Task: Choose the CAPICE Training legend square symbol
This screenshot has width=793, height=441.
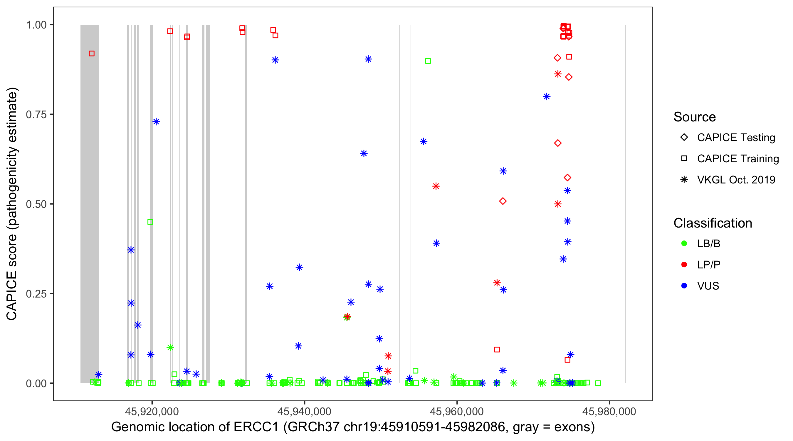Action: (684, 159)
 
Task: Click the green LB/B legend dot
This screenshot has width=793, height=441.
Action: (684, 243)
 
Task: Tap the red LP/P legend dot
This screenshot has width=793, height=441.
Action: (684, 265)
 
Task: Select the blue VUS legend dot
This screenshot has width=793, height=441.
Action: (684, 286)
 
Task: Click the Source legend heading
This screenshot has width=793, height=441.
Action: (694, 117)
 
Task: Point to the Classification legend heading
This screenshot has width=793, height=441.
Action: (712, 223)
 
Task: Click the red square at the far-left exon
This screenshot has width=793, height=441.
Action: (91, 54)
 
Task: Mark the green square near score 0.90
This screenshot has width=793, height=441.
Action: (428, 61)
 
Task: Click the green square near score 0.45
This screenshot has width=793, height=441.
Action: (150, 222)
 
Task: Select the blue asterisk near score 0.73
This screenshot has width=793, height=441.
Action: (156, 122)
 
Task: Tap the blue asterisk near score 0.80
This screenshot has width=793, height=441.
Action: (546, 97)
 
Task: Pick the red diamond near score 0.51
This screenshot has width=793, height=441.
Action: (503, 201)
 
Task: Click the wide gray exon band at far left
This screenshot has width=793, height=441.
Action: (89, 203)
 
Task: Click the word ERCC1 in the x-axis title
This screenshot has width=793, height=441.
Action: (256, 427)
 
